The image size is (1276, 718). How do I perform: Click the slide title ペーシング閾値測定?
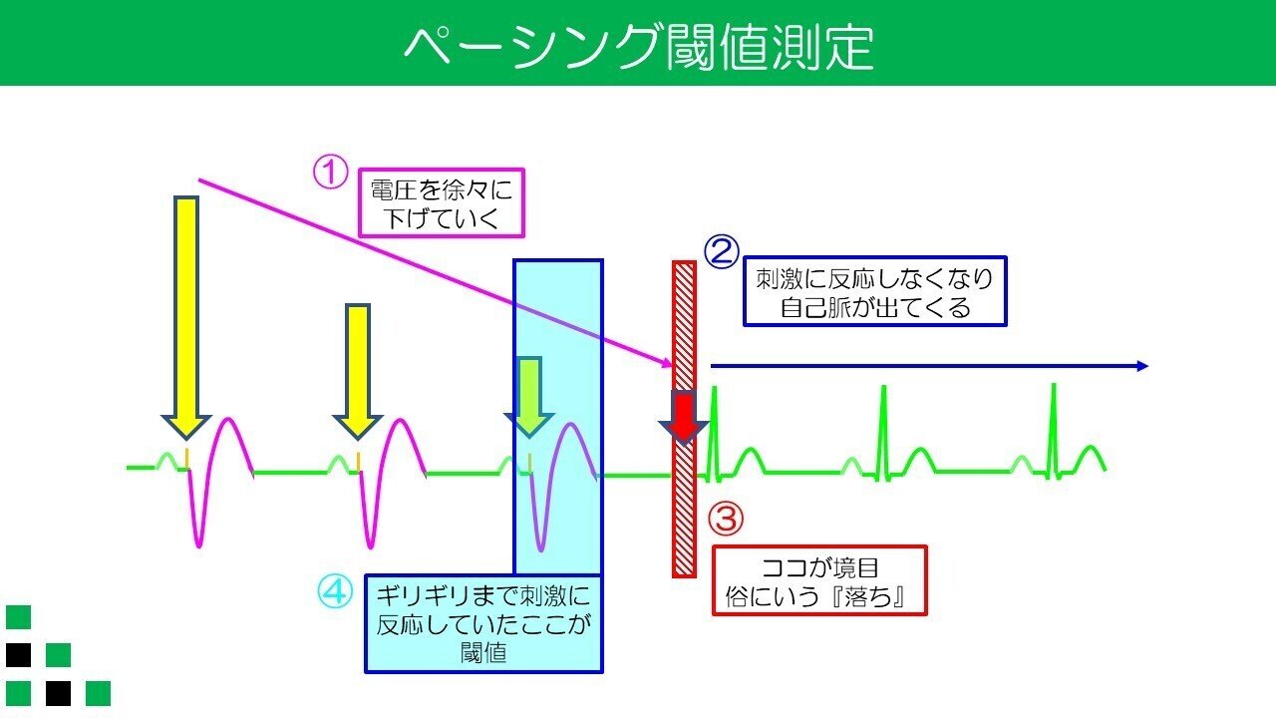[x=639, y=46]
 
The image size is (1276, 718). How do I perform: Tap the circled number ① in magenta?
[x=330, y=173]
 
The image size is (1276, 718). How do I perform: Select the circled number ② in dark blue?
[x=722, y=252]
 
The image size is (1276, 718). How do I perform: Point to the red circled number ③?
[x=726, y=518]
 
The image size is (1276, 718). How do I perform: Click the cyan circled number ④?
[x=334, y=591]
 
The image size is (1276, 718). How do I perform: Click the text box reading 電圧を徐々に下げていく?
[x=442, y=202]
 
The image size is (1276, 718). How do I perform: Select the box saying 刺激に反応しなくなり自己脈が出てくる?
[x=875, y=291]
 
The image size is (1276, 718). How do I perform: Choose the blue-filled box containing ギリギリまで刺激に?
[x=483, y=624]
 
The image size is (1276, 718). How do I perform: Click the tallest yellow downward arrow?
[x=186, y=317]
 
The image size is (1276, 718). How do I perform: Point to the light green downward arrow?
[x=529, y=397]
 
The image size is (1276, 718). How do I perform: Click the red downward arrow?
[x=684, y=417]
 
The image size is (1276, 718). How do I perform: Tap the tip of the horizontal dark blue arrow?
[x=1147, y=366]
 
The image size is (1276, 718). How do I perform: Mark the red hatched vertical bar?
[x=684, y=420]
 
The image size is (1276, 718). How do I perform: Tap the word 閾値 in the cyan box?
[x=483, y=653]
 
